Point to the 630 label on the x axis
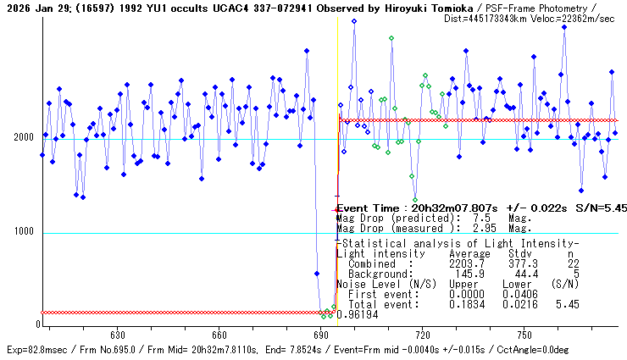[x=118, y=335]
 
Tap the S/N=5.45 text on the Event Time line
[x=602, y=207]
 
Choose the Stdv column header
[x=519, y=253]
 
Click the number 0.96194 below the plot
[x=356, y=314]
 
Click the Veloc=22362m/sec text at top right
[x=573, y=18]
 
